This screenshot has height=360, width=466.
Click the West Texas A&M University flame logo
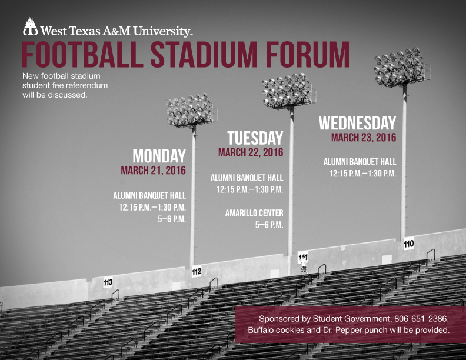31,26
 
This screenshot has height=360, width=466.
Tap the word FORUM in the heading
308,55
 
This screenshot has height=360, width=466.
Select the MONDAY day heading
159,156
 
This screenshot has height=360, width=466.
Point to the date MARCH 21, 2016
154,171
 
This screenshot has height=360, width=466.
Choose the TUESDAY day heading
255,138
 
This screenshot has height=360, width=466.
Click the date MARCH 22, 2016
251,153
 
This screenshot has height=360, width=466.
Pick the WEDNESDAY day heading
358,123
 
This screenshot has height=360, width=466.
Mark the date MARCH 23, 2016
364,138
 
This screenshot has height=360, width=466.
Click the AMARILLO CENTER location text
254,213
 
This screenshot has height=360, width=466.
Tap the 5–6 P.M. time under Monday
172,219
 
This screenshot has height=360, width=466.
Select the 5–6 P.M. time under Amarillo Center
269,225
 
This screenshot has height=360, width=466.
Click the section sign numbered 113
108,282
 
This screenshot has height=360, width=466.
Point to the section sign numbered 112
197,272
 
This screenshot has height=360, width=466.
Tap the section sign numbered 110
409,244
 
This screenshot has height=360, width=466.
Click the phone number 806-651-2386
421,319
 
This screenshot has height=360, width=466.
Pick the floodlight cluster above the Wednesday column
401,67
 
